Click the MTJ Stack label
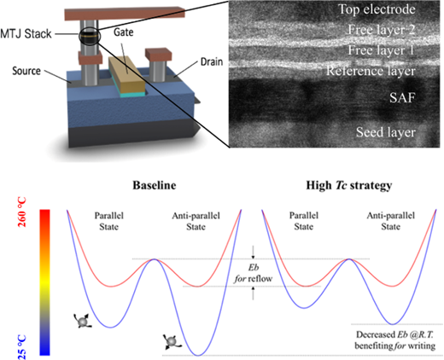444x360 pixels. [26, 34]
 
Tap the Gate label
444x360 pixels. [124, 32]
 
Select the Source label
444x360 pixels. [26, 71]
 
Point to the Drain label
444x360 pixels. [212, 61]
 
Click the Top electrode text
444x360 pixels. [377, 9]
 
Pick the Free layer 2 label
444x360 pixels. [382, 30]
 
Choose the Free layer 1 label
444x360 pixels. [381, 50]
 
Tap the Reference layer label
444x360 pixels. [371, 71]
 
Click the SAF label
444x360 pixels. [402, 98]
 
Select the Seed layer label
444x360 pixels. [386, 132]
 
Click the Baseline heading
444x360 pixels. [155, 185]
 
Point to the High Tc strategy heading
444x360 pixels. [349, 186]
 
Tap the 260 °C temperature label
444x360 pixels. [22, 212]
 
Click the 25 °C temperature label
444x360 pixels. [22, 347]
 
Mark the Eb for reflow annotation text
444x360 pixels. [253, 273]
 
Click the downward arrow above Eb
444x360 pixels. [254, 253]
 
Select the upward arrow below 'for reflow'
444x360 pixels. [254, 293]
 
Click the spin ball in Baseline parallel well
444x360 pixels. [83, 321]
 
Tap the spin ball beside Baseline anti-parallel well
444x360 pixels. [172, 341]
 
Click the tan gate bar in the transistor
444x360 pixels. [127, 75]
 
